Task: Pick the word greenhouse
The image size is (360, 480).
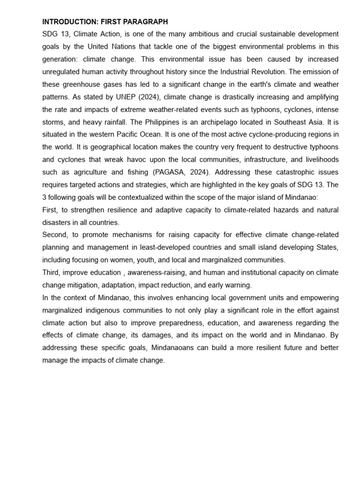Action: click(81, 84)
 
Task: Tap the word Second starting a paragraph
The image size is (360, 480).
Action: click(55, 234)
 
